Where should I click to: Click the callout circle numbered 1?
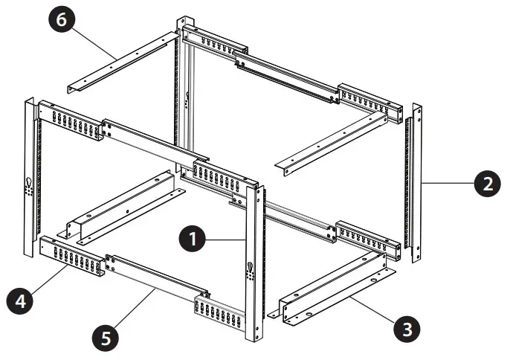pos(193,240)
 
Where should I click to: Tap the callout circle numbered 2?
pos(487,183)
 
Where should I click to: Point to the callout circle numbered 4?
pos(20,301)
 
